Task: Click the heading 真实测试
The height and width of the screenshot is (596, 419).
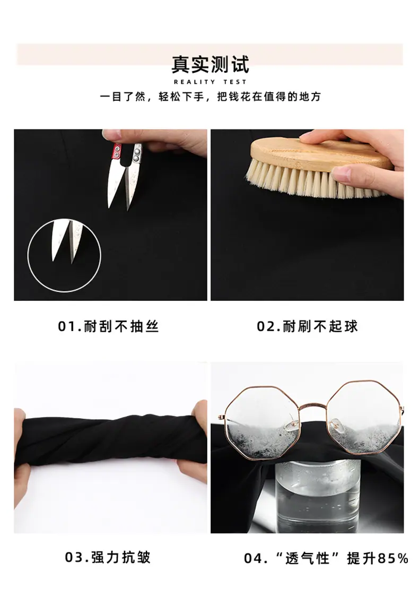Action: [210, 64]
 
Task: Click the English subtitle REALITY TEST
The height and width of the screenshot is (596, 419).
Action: [210, 82]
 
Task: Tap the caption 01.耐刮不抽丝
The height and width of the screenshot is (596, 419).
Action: [108, 326]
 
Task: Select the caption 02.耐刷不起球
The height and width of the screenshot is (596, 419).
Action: [307, 326]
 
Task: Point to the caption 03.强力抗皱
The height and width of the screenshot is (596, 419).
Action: [108, 557]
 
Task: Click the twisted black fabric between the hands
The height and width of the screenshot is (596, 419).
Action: [110, 441]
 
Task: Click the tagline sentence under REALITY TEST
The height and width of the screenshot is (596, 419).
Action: [210, 97]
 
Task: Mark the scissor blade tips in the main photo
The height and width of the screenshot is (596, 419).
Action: [119, 208]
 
